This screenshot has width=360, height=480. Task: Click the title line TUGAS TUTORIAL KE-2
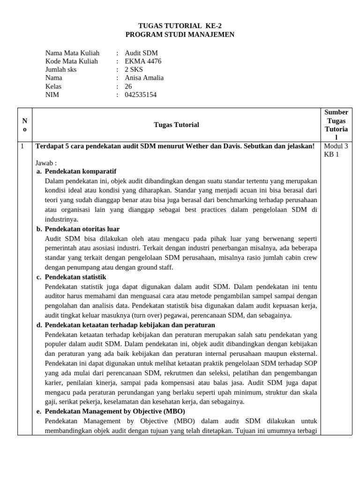point(180,26)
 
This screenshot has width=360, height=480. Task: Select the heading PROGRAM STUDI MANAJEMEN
point(180,35)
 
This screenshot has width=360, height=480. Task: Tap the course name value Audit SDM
point(141,53)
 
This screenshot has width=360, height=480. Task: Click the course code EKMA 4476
point(143,61)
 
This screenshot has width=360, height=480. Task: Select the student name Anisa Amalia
point(144,78)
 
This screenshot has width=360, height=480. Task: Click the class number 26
point(128,86)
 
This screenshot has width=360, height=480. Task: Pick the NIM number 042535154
point(141,95)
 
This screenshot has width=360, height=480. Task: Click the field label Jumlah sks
point(61,70)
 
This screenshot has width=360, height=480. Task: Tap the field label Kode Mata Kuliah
point(72,61)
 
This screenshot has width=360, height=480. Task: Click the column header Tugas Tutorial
point(176,125)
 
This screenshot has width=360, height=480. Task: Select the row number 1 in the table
point(22,146)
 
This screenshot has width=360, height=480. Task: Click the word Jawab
point(45,163)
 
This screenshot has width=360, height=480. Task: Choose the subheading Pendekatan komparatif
point(80,172)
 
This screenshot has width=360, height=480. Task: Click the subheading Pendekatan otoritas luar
point(82,229)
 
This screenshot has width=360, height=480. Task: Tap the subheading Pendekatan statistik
point(75,277)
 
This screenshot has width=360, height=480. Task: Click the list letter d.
point(39,325)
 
